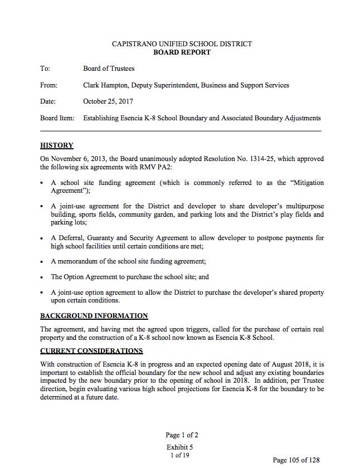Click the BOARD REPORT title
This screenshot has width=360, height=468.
pos(182,52)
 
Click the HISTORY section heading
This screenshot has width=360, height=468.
pos(56,145)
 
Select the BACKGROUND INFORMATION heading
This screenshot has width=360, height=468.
pos(94,316)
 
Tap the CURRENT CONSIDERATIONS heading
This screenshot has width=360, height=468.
pos(91,350)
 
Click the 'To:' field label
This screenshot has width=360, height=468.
pos(45,69)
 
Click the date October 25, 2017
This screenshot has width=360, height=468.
pos(108,101)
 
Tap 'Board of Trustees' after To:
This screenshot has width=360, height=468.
pos(109,69)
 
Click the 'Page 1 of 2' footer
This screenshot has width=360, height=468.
pos(182,435)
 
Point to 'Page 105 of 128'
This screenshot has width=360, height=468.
pos(296,460)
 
